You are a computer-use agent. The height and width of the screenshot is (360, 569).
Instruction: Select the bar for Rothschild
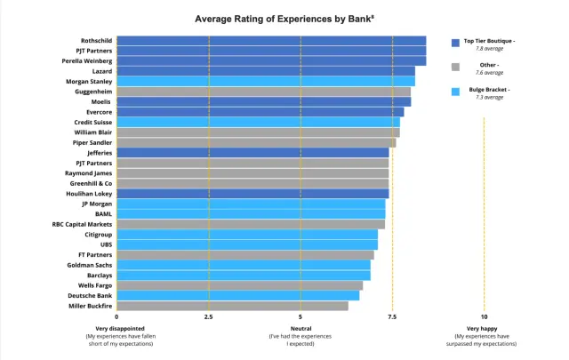(x=271, y=40)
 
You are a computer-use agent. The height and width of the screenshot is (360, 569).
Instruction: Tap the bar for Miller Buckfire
(x=232, y=306)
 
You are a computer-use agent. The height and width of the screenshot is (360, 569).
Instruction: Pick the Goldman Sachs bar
(x=243, y=265)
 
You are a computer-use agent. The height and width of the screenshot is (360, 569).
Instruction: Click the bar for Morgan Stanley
(x=265, y=81)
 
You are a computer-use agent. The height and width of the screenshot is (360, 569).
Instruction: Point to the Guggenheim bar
(x=263, y=92)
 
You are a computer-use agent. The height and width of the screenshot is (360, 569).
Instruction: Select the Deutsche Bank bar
(x=237, y=295)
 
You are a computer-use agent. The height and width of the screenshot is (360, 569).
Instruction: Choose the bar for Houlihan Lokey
(x=252, y=194)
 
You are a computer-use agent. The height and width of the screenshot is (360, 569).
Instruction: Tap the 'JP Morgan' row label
(x=97, y=204)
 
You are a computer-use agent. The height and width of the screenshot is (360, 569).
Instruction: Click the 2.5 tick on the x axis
(x=208, y=316)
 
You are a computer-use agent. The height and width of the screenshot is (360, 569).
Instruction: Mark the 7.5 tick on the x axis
(x=392, y=316)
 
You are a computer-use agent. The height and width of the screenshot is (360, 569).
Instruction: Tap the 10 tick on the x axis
(x=484, y=316)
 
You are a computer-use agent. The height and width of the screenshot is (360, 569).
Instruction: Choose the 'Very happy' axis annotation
(x=484, y=329)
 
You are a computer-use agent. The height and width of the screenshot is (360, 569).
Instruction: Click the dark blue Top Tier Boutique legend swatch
(x=455, y=42)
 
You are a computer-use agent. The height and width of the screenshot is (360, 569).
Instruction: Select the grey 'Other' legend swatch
(x=455, y=66)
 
